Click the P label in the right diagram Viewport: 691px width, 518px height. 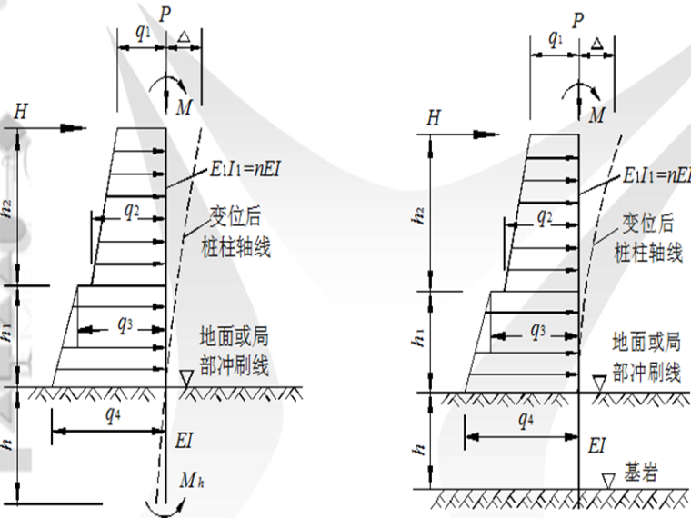[578, 18]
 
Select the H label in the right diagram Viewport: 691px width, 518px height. [434, 117]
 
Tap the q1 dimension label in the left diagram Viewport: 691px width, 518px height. [143, 30]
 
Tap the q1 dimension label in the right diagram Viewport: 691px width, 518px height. [556, 38]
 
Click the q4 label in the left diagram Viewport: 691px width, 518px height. [112, 415]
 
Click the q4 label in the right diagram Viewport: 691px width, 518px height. [526, 420]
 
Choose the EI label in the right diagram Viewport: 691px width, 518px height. [597, 444]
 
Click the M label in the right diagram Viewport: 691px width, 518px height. [596, 115]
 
